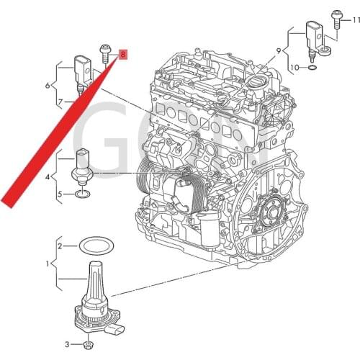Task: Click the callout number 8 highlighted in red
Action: [x=122, y=54]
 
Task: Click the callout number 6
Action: [x=48, y=85]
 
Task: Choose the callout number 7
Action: [x=60, y=102]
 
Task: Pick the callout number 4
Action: [x=48, y=176]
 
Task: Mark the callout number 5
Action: [x=61, y=194]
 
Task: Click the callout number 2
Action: [x=61, y=246]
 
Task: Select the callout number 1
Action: [x=48, y=264]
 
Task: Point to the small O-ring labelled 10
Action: [x=311, y=68]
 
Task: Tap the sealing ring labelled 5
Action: [x=81, y=194]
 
